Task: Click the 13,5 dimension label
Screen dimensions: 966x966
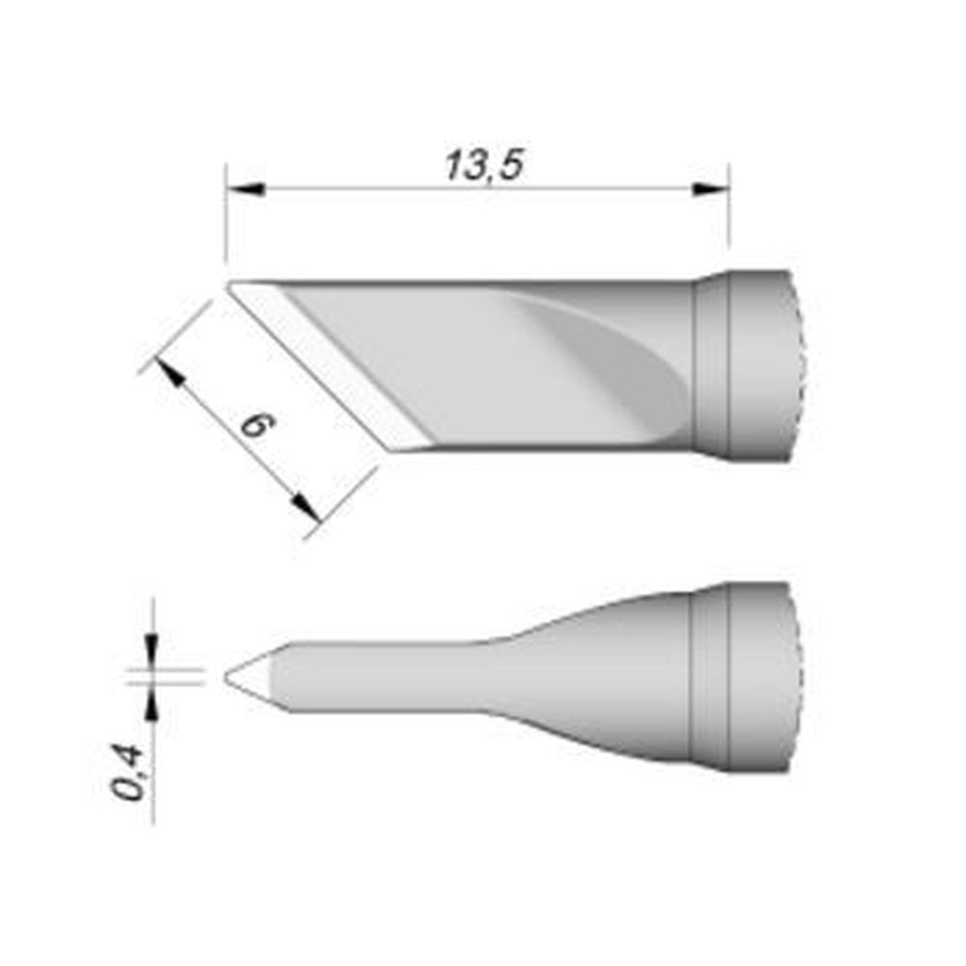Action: click(483, 166)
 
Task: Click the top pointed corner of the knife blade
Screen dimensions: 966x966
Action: click(231, 284)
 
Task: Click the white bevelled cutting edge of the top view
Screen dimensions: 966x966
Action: click(328, 367)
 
